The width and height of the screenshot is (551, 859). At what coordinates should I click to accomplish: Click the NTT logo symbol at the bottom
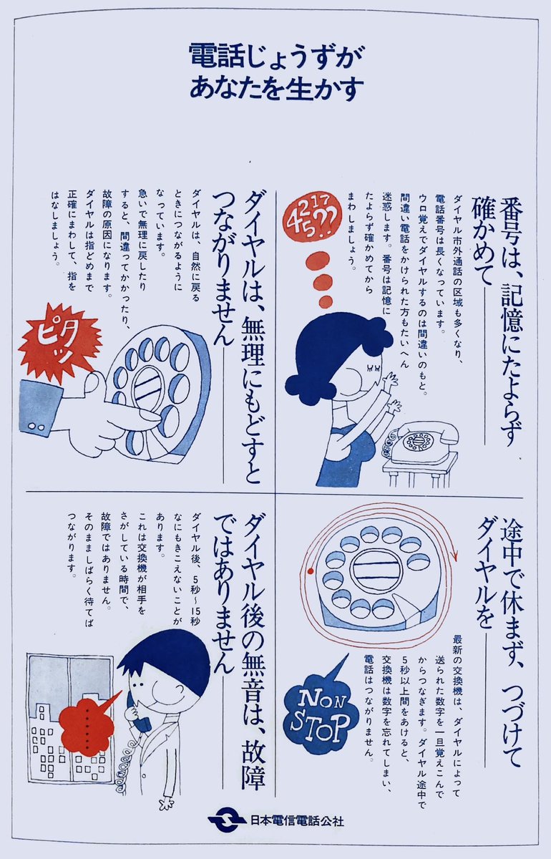pyautogui.click(x=226, y=820)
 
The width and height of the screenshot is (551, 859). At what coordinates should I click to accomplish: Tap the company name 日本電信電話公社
pyautogui.click(x=297, y=820)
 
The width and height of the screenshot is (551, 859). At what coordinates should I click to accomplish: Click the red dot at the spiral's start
pyautogui.click(x=311, y=571)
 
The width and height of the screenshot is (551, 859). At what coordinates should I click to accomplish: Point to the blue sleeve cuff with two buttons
pyautogui.click(x=39, y=407)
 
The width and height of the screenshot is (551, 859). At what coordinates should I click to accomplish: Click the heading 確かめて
pyautogui.click(x=481, y=241)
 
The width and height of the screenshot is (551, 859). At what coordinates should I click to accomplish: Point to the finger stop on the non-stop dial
pyautogui.click(x=409, y=611)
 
